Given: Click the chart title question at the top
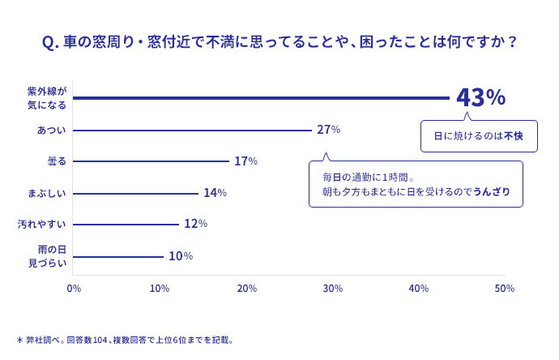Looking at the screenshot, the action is [279, 42].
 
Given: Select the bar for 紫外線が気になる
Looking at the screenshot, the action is [261, 98].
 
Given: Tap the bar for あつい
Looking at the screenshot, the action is [192, 131].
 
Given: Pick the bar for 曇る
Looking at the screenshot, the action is [151, 161].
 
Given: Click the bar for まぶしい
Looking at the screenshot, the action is [135, 194].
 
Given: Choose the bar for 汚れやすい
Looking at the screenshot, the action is [126, 225].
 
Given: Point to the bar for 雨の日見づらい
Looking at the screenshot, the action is [118, 257].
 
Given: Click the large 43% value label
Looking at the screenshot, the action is [480, 97].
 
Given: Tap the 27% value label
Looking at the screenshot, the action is [328, 130].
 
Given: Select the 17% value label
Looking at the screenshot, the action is [245, 161].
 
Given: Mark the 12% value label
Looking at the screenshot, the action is [196, 224].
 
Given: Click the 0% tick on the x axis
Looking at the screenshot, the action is [74, 289].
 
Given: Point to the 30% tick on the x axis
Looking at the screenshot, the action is [333, 289].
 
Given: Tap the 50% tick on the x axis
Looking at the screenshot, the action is [505, 289].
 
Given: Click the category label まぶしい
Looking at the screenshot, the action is [47, 194].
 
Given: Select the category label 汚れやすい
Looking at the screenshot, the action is [42, 224].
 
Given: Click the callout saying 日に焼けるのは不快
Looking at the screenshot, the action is [479, 136].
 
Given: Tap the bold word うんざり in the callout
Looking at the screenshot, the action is [492, 192].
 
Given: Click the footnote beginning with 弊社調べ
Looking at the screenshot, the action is [125, 340].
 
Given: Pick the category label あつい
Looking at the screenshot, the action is [52, 130].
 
